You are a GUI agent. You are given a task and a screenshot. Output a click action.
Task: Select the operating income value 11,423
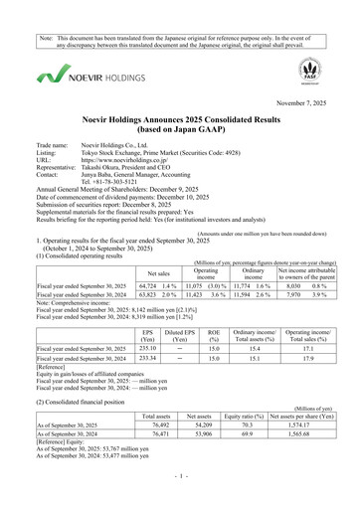click(200, 267)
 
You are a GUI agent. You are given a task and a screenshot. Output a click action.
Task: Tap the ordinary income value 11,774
click(249, 257)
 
